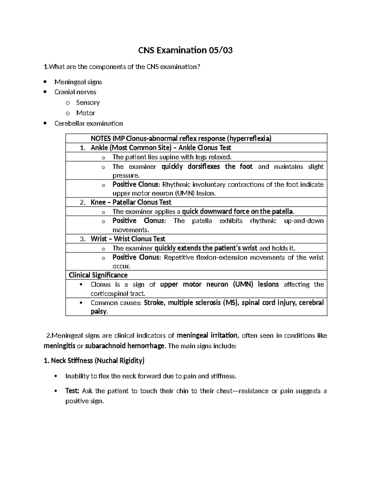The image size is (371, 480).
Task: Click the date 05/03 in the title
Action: coord(220,50)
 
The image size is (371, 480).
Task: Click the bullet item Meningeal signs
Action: coord(78,82)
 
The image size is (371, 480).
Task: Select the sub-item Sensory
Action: coord(88,102)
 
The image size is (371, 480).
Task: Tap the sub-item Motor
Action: coord(86,113)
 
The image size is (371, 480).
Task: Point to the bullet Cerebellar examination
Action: coord(88,123)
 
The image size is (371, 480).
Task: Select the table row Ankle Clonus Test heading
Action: coord(161,148)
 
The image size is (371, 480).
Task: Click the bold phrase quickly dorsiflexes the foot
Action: coord(207,167)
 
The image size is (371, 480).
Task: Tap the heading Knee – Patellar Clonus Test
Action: coord(131,202)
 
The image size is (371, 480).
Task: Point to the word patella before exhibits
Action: coord(202,221)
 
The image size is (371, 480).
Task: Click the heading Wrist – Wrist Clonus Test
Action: coord(128,239)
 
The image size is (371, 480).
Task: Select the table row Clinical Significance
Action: coord(98,275)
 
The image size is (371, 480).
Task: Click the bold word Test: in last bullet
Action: coord(72,391)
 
